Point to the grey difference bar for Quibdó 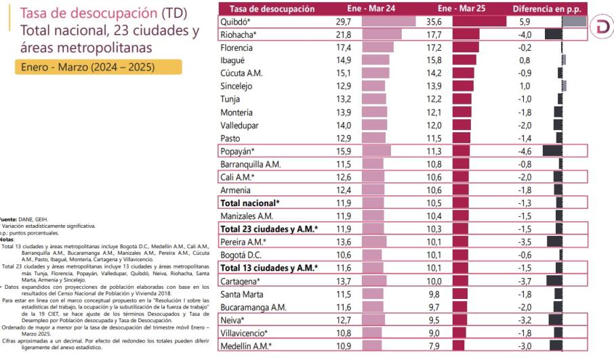pos(573,22)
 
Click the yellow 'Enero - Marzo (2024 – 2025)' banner pos(91,68)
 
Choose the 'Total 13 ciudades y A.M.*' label pos(269,267)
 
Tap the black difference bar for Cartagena pos(554,280)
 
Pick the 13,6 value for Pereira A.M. pos(344,241)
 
